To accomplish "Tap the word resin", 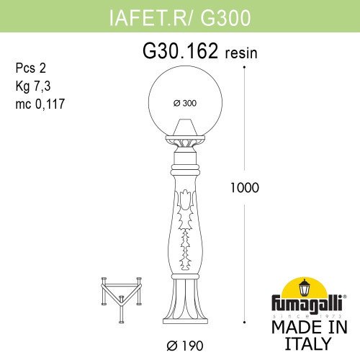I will [241, 54].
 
